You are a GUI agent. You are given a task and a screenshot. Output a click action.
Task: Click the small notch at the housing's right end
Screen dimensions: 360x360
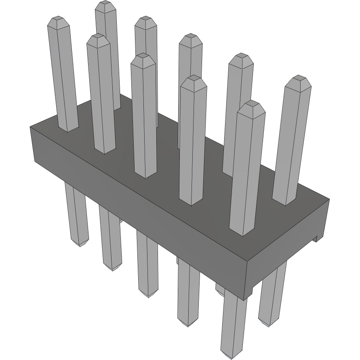tap(317, 239)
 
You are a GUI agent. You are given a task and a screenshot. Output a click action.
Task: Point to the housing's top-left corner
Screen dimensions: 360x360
tap(31, 127)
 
